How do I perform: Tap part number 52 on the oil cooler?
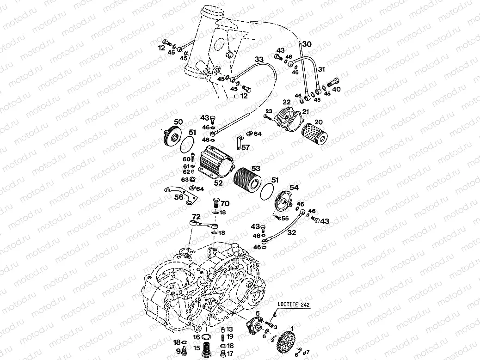click(x=218, y=183)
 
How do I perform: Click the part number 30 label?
click(x=307, y=44)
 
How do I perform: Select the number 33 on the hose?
click(x=258, y=59)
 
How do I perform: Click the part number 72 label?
click(x=196, y=216)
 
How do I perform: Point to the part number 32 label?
click(x=291, y=233)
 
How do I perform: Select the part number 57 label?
click(x=245, y=147)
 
